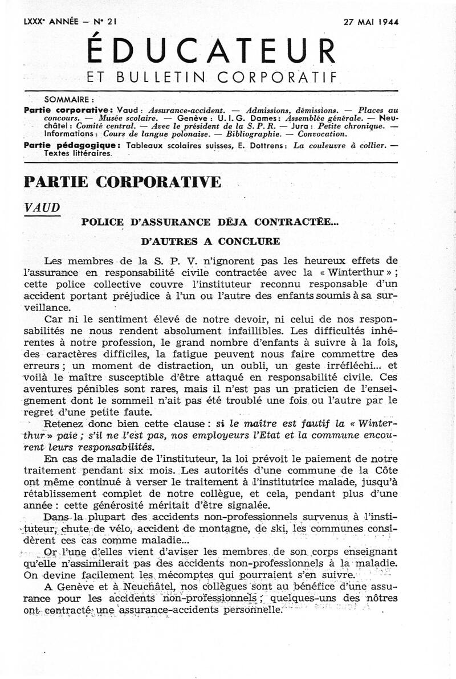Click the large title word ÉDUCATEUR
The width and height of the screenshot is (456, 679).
tap(211, 52)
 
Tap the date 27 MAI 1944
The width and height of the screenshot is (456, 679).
tap(371, 22)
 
